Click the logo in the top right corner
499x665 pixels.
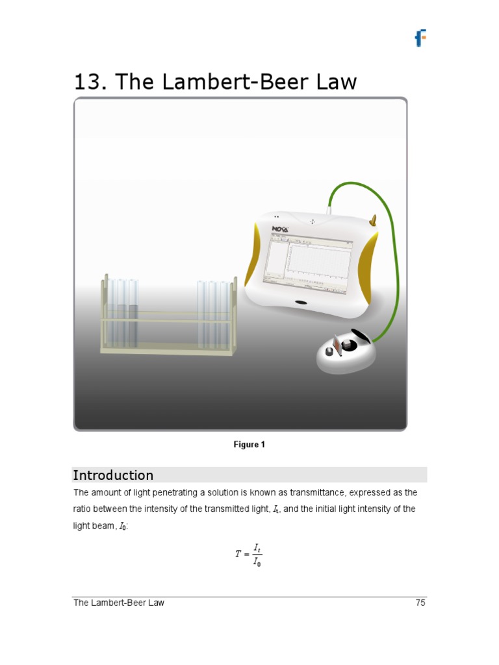click(x=420, y=38)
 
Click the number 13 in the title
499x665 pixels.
click(x=88, y=82)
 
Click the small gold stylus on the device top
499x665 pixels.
click(x=373, y=221)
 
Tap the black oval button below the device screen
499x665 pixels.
click(x=301, y=303)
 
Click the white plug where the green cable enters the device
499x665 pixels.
click(x=330, y=209)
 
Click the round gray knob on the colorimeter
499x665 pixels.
click(x=329, y=352)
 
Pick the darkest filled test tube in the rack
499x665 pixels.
click(x=133, y=325)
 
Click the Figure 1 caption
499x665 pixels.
click(x=249, y=445)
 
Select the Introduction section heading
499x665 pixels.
click(x=113, y=475)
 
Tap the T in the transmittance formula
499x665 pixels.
click(x=238, y=555)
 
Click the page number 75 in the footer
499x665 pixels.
click(x=420, y=603)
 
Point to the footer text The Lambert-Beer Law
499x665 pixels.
click(x=119, y=603)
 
